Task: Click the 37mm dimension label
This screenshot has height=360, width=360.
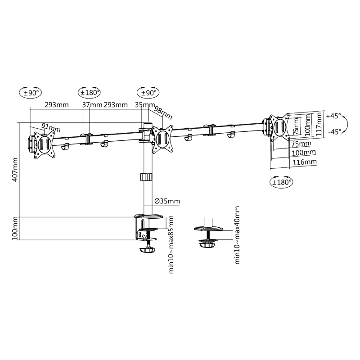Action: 93,105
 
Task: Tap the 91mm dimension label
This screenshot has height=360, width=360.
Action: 51,127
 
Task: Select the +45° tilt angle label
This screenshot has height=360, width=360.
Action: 333,115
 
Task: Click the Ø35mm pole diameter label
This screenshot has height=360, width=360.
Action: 167,201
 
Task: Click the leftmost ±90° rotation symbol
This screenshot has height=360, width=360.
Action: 31,93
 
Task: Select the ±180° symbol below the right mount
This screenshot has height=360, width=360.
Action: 281,182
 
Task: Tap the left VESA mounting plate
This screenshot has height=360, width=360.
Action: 45,144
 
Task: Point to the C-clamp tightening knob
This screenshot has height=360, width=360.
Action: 148,250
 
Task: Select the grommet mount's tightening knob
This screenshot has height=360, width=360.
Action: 207,244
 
